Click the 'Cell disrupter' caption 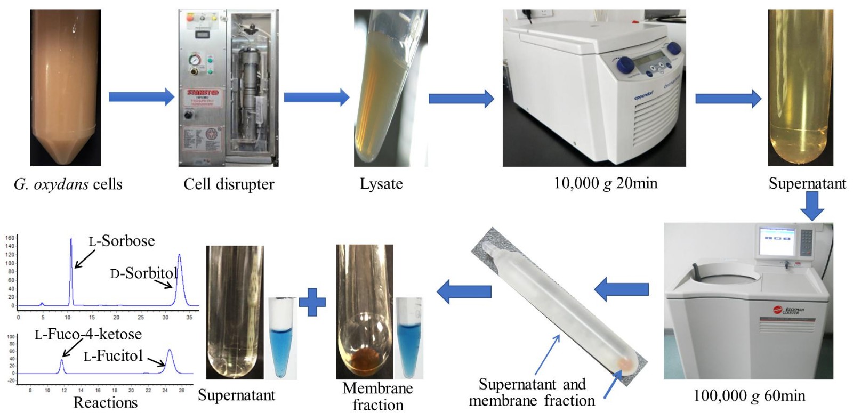tap(229, 184)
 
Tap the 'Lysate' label tap(381, 184)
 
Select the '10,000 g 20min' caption tap(606, 183)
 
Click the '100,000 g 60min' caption tap(749, 395)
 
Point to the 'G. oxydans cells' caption tap(68, 184)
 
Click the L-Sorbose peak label tap(122, 241)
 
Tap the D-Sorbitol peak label tap(143, 273)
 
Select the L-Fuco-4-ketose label tap(88, 335)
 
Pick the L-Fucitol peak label tap(113, 356)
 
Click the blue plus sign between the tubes tap(312, 303)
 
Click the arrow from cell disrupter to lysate tap(316, 97)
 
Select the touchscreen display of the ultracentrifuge tap(776, 235)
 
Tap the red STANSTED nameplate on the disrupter tap(203, 93)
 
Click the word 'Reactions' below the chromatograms tap(105, 403)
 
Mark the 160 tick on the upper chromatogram tap(10, 238)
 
